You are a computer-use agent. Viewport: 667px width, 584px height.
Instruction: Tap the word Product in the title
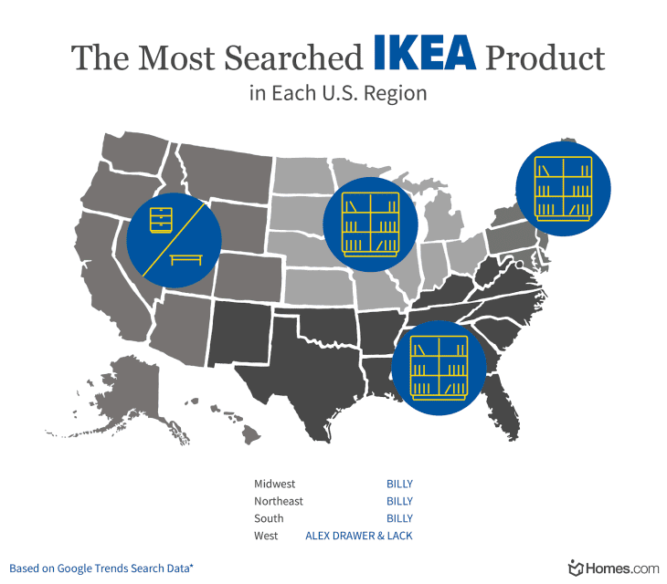click(545, 58)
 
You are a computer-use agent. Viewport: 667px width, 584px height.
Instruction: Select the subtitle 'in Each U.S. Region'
click(338, 94)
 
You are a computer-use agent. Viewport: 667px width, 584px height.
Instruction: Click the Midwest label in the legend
click(275, 484)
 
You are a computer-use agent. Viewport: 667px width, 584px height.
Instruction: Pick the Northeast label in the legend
click(279, 501)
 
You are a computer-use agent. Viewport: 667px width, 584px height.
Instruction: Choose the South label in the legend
click(269, 518)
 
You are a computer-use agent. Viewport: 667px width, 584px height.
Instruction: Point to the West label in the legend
click(266, 536)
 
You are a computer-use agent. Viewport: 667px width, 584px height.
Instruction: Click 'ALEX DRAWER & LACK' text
click(359, 536)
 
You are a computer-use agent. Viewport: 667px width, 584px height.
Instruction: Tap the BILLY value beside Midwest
click(399, 484)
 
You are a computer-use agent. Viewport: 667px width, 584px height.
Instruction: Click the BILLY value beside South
click(399, 518)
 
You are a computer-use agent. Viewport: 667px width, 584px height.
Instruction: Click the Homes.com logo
click(613, 568)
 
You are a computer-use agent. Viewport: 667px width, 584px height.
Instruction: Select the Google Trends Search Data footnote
click(101, 568)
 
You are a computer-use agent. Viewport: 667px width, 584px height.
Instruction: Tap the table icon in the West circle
click(186, 259)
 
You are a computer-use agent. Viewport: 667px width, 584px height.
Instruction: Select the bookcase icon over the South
click(439, 367)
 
